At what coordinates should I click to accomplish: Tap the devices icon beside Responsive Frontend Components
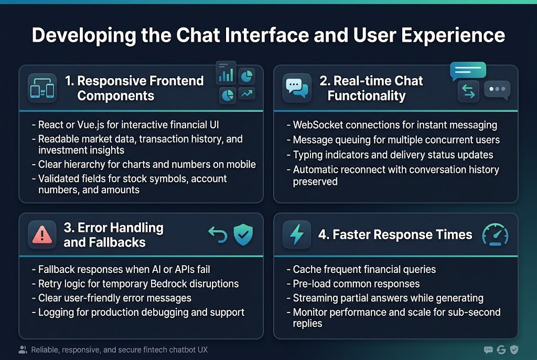[x=42, y=88]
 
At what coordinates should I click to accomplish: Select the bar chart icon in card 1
[x=225, y=75]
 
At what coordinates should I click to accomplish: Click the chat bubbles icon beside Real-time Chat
[x=296, y=88]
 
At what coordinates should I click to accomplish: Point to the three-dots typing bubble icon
[x=497, y=90]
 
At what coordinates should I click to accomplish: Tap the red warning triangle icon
[x=42, y=235]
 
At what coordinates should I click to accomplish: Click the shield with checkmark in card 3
[x=243, y=235]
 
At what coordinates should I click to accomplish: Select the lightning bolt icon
[x=296, y=235]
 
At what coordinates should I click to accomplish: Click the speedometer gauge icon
[x=495, y=235]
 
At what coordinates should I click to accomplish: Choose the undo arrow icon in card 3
[x=217, y=234]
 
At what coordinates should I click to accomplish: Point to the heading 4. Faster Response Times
[x=395, y=235]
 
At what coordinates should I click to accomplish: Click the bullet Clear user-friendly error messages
[x=115, y=298]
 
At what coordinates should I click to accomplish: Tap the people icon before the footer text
[x=23, y=350]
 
